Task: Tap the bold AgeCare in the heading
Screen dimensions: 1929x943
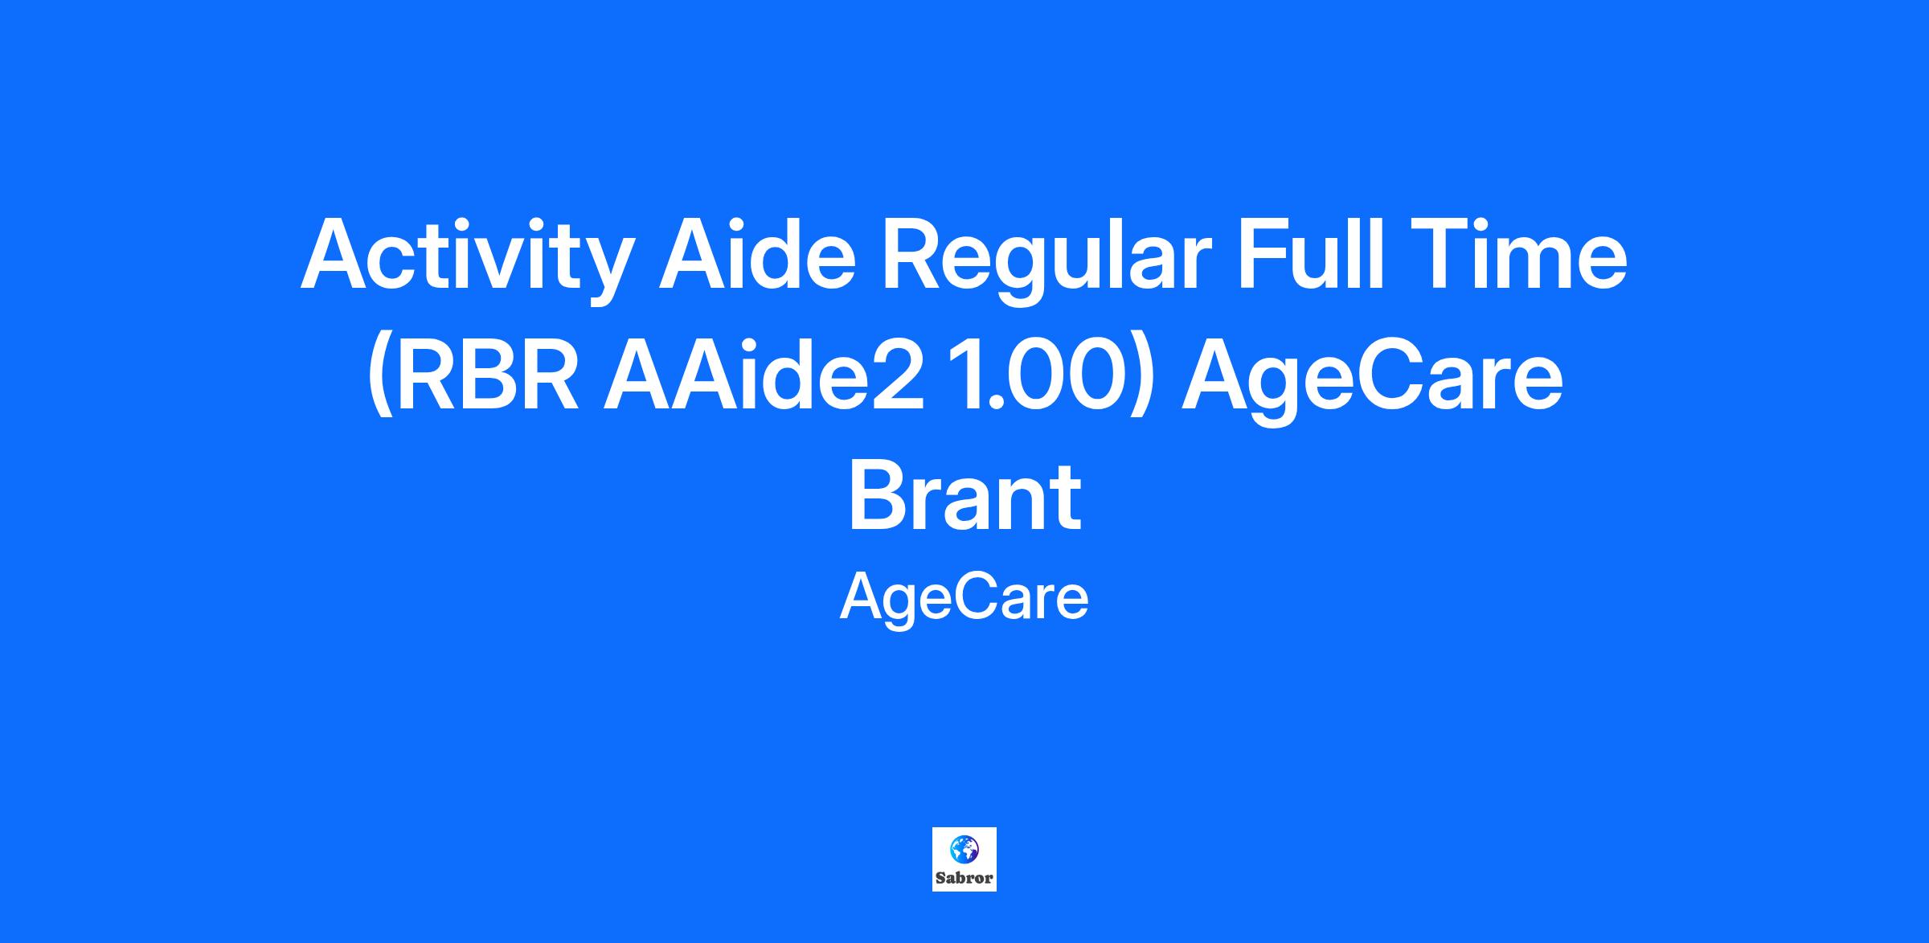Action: (1372, 379)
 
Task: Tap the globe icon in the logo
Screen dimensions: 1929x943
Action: (964, 848)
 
